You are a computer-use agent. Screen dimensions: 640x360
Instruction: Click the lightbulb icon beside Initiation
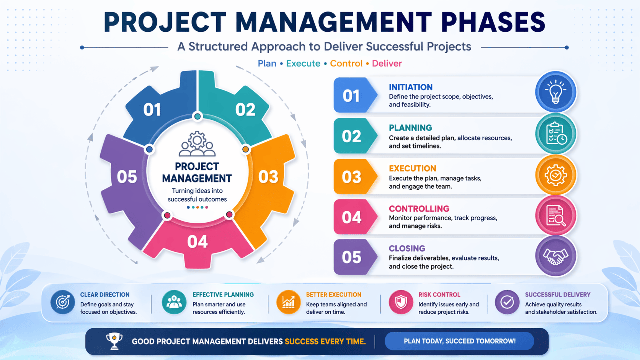(555, 92)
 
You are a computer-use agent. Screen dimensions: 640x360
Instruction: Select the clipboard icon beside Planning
(556, 133)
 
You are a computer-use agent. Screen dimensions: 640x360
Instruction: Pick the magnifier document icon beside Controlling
(556, 215)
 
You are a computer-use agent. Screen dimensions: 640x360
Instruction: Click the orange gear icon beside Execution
(555, 175)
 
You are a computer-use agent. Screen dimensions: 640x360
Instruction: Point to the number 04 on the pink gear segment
(197, 242)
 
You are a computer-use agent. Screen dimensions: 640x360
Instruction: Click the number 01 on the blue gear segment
(152, 110)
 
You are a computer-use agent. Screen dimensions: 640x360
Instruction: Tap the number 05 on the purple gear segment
(127, 177)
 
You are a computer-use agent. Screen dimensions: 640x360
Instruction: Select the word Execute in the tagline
(303, 63)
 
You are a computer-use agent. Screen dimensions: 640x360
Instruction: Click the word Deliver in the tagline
(387, 63)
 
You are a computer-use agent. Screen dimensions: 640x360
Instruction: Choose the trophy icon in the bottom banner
(114, 341)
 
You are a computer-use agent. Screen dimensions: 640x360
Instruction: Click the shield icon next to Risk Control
(401, 302)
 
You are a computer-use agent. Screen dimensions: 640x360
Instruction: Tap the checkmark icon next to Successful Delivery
(507, 302)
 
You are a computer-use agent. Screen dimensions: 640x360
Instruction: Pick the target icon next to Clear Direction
(63, 302)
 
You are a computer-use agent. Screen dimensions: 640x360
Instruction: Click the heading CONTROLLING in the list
(419, 209)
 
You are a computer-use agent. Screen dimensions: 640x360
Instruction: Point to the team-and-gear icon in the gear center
(197, 144)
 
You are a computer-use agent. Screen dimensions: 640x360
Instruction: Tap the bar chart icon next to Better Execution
(288, 302)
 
